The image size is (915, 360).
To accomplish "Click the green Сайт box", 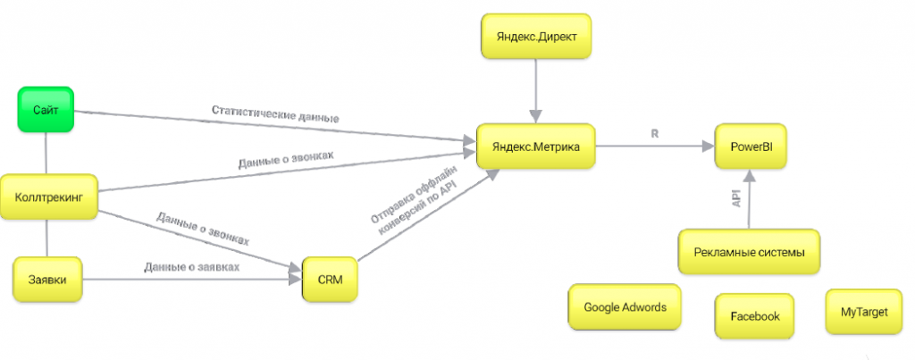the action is pyautogui.click(x=46, y=108).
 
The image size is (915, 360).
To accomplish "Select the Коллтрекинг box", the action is pyautogui.click(x=48, y=197).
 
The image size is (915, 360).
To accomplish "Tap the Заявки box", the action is pyautogui.click(x=47, y=279).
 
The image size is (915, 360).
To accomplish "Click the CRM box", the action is pyautogui.click(x=330, y=279).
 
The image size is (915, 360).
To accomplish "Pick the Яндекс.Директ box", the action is pyautogui.click(x=536, y=36).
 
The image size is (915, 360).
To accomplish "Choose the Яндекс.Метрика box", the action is pyautogui.click(x=535, y=147).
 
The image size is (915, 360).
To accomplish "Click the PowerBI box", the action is pyautogui.click(x=751, y=147).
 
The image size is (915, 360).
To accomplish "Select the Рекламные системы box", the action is pyautogui.click(x=750, y=252).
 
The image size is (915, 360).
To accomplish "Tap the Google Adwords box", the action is pyautogui.click(x=625, y=307).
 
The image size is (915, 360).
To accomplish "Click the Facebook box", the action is pyautogui.click(x=754, y=316).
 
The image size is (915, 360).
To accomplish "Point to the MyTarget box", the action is pyautogui.click(x=864, y=312).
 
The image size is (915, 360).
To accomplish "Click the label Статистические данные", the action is pyautogui.click(x=275, y=114).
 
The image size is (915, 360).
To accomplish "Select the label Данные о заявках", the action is pyautogui.click(x=192, y=267).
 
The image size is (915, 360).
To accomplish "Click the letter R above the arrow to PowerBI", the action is pyautogui.click(x=655, y=134).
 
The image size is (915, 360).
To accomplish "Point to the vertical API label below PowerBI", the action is pyautogui.click(x=736, y=198).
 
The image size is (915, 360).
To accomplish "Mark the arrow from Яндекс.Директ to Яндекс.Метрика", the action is pyautogui.click(x=536, y=91).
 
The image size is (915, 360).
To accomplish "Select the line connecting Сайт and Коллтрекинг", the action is pyautogui.click(x=46, y=152).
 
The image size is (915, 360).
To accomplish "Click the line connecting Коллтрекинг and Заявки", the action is pyautogui.click(x=47, y=238).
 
